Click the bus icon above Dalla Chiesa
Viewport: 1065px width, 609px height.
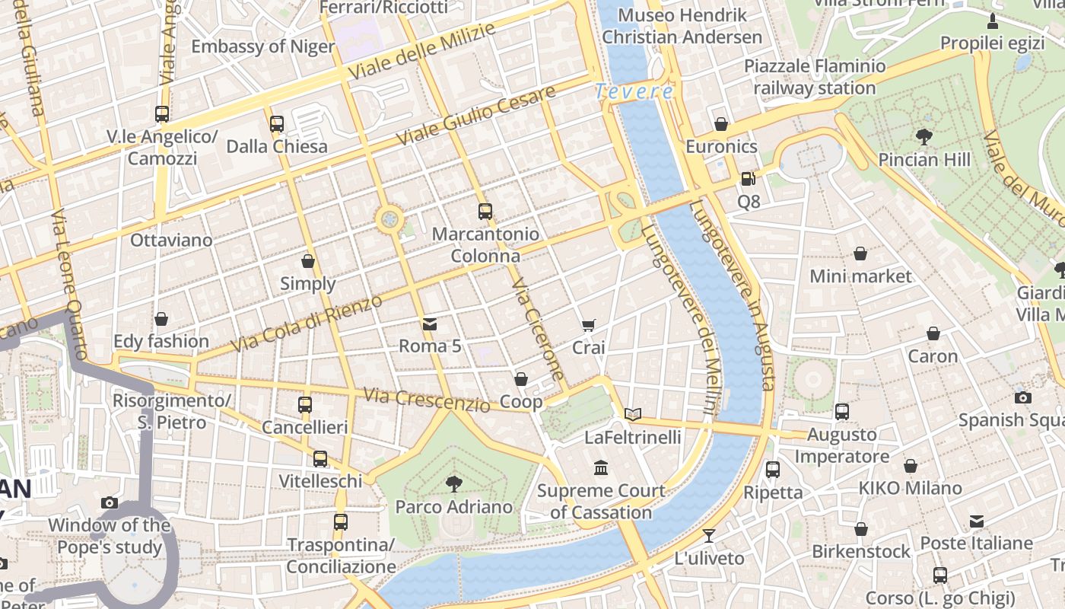(x=277, y=123)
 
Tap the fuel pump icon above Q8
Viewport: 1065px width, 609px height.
(x=749, y=179)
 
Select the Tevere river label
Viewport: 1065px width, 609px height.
(x=634, y=91)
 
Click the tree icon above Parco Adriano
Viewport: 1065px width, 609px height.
(x=453, y=483)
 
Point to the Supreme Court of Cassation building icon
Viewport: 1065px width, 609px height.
(x=601, y=467)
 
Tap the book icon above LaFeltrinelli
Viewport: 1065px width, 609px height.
(x=633, y=415)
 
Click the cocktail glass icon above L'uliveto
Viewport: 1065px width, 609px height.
(x=709, y=535)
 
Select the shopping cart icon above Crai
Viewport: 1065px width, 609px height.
(x=588, y=325)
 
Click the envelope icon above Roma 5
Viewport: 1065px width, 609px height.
(x=430, y=324)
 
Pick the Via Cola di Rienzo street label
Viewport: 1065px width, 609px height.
(x=306, y=324)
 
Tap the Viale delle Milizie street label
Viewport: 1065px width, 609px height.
(x=422, y=52)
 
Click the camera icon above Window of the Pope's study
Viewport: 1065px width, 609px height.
(x=110, y=502)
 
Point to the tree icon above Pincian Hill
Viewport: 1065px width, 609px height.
(x=924, y=137)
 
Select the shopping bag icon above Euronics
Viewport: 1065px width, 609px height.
(x=721, y=124)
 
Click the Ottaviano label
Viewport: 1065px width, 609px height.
(x=171, y=241)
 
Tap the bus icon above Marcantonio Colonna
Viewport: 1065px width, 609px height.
(x=485, y=212)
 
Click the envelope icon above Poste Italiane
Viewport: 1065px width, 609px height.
(x=977, y=521)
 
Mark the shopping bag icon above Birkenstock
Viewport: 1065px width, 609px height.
(x=861, y=529)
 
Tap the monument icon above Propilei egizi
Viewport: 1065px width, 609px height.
(x=993, y=21)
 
